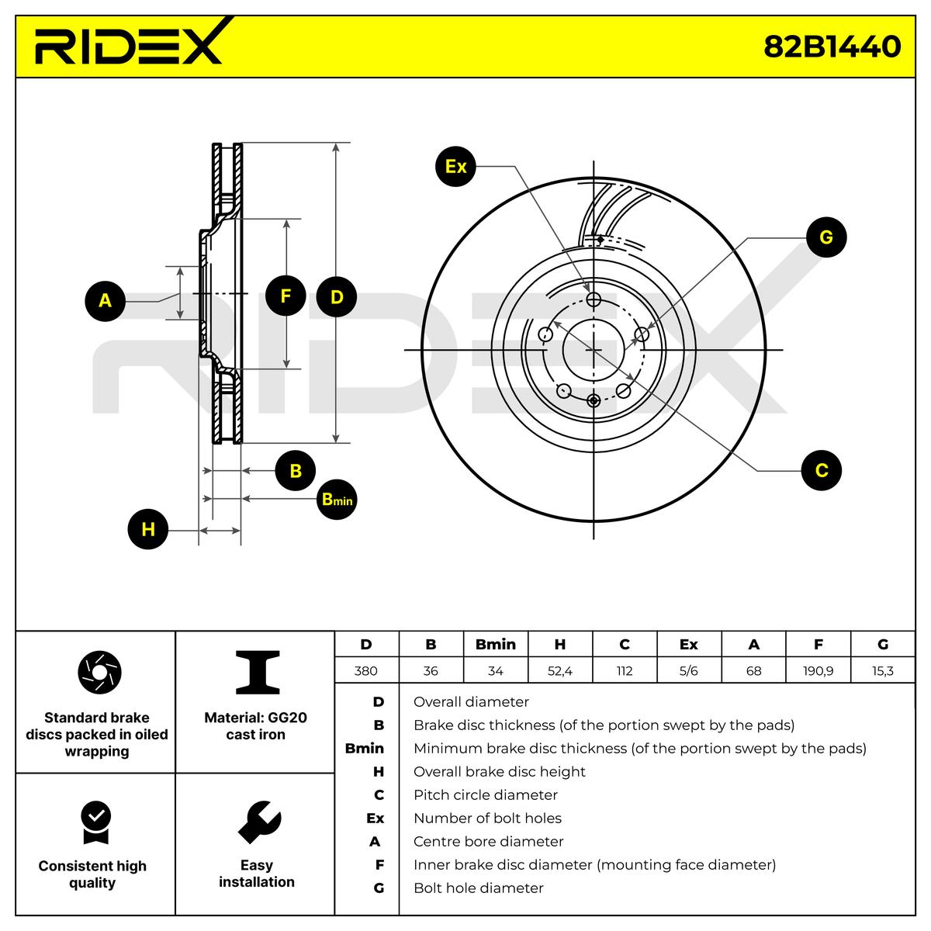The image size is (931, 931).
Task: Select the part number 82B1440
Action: [x=832, y=47]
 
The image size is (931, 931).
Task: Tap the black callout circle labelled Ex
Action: [x=455, y=167]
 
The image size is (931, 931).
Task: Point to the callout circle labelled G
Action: [x=826, y=237]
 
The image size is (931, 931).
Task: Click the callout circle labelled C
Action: [x=822, y=470]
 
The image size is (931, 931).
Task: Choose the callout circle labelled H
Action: [x=148, y=529]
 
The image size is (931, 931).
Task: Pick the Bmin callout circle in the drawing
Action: [x=337, y=499]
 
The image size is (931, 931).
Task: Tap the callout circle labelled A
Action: [x=105, y=301]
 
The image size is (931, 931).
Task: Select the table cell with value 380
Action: [x=366, y=670]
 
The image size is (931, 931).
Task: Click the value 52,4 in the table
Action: [x=560, y=670]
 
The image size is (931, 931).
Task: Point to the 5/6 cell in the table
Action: [x=689, y=670]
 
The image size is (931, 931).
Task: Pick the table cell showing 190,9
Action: [x=818, y=670]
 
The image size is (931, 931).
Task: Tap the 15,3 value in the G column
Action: [x=883, y=670]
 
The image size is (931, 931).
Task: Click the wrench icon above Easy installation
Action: [x=259, y=822]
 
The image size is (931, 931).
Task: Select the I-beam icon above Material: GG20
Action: [x=258, y=672]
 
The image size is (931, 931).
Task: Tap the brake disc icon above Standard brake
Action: [x=99, y=672]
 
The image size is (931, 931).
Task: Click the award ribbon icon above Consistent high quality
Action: [x=96, y=823]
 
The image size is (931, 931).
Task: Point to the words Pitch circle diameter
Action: [x=486, y=794]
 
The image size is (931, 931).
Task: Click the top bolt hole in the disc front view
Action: [x=594, y=299]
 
